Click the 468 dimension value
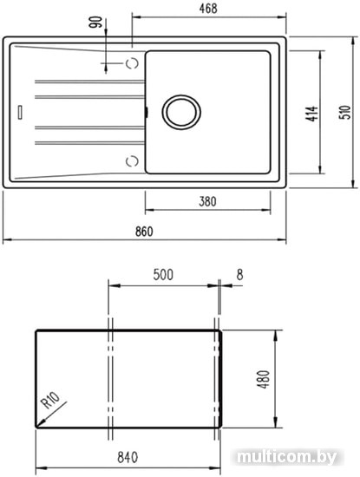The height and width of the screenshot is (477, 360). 208,9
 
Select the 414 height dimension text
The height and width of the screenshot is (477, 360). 311,114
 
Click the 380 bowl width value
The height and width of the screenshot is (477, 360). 207,201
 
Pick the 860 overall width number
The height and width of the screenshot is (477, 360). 144,232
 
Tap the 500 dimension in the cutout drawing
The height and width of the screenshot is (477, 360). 163,274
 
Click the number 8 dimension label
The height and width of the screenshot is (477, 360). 239,275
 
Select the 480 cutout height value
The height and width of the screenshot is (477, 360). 263,379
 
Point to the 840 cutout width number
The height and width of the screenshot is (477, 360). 128,457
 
